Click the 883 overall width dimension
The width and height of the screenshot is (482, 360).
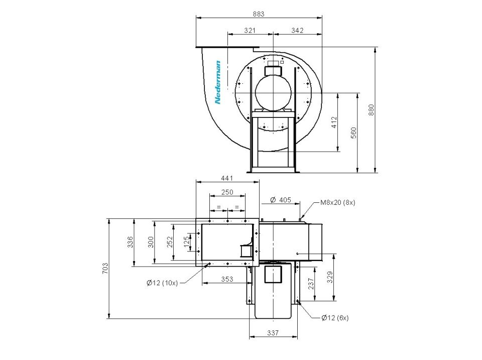point(258,14)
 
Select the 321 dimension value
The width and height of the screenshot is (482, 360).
point(250,30)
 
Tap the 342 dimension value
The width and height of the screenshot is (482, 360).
point(297,30)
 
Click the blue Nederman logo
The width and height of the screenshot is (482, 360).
point(217,82)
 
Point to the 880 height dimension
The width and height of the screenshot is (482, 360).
point(372,110)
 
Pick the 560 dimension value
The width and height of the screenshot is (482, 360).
point(353,133)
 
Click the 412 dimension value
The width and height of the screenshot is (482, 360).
point(334,122)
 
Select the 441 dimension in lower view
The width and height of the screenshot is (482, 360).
point(227,178)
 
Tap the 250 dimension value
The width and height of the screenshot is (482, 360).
point(227,192)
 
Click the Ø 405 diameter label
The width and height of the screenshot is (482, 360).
point(280,200)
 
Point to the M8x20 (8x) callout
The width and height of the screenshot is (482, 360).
point(337,202)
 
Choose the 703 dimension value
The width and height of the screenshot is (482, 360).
point(105,269)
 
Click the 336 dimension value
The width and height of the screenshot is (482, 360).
point(131,242)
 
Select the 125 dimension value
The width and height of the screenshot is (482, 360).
point(186,242)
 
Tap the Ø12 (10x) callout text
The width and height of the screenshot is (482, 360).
point(162,283)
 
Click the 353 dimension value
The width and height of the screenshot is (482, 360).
point(227,279)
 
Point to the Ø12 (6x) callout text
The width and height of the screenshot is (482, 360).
point(335,318)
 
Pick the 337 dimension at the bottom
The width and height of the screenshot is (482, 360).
point(273,333)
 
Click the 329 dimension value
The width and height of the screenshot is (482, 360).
point(330,277)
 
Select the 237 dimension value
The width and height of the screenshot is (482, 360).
point(311,284)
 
